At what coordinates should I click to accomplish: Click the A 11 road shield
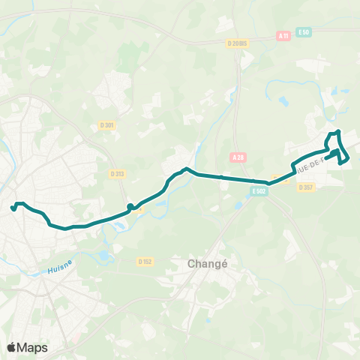(283, 35)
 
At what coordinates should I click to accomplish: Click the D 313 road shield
(116, 173)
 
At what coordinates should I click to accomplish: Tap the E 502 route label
(259, 191)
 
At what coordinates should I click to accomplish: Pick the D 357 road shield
(305, 187)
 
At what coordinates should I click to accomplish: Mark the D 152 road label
(145, 261)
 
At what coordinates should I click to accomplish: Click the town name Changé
(202, 264)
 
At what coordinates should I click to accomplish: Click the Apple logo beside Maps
(13, 347)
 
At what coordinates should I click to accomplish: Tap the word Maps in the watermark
(34, 347)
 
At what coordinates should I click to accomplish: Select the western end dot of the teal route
(13, 208)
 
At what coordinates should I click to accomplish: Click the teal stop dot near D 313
(130, 206)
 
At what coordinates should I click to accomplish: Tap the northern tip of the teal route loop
(338, 132)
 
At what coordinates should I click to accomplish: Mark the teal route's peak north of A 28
(186, 169)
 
